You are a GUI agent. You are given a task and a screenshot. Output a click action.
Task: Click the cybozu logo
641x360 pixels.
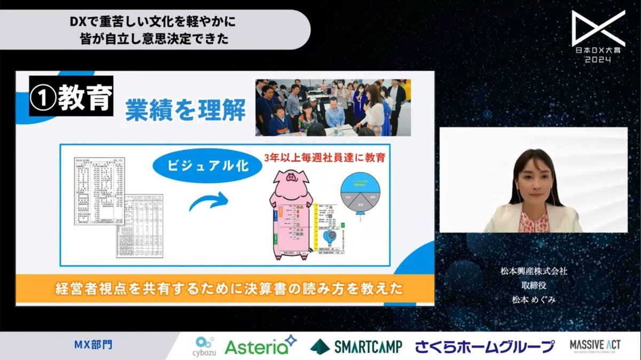[x=206, y=346]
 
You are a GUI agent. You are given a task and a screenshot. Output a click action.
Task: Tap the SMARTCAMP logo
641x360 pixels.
[x=356, y=347]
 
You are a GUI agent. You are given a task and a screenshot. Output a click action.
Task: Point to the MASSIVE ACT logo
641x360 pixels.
[x=595, y=346]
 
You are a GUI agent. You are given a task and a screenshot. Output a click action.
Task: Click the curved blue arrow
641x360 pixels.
[x=208, y=203]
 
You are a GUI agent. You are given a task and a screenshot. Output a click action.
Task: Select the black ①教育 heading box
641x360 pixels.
[x=71, y=97]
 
